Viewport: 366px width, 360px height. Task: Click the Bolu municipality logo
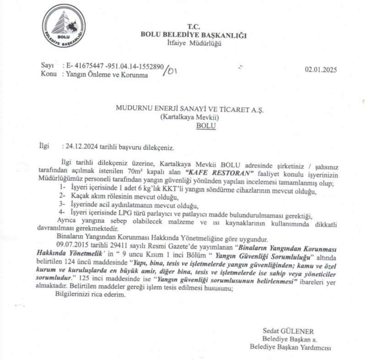[x=64, y=26]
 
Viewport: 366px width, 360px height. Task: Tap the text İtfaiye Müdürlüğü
[x=194, y=44]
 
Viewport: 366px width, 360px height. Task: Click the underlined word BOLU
[x=205, y=125]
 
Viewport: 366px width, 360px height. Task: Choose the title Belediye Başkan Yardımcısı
[x=290, y=347]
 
